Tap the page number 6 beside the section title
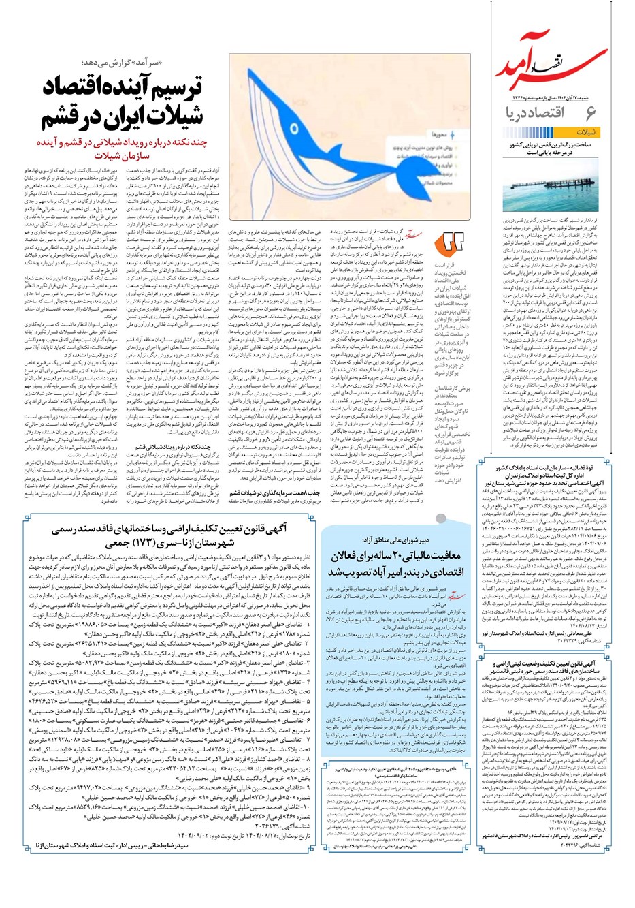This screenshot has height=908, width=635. pos(590,112)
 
